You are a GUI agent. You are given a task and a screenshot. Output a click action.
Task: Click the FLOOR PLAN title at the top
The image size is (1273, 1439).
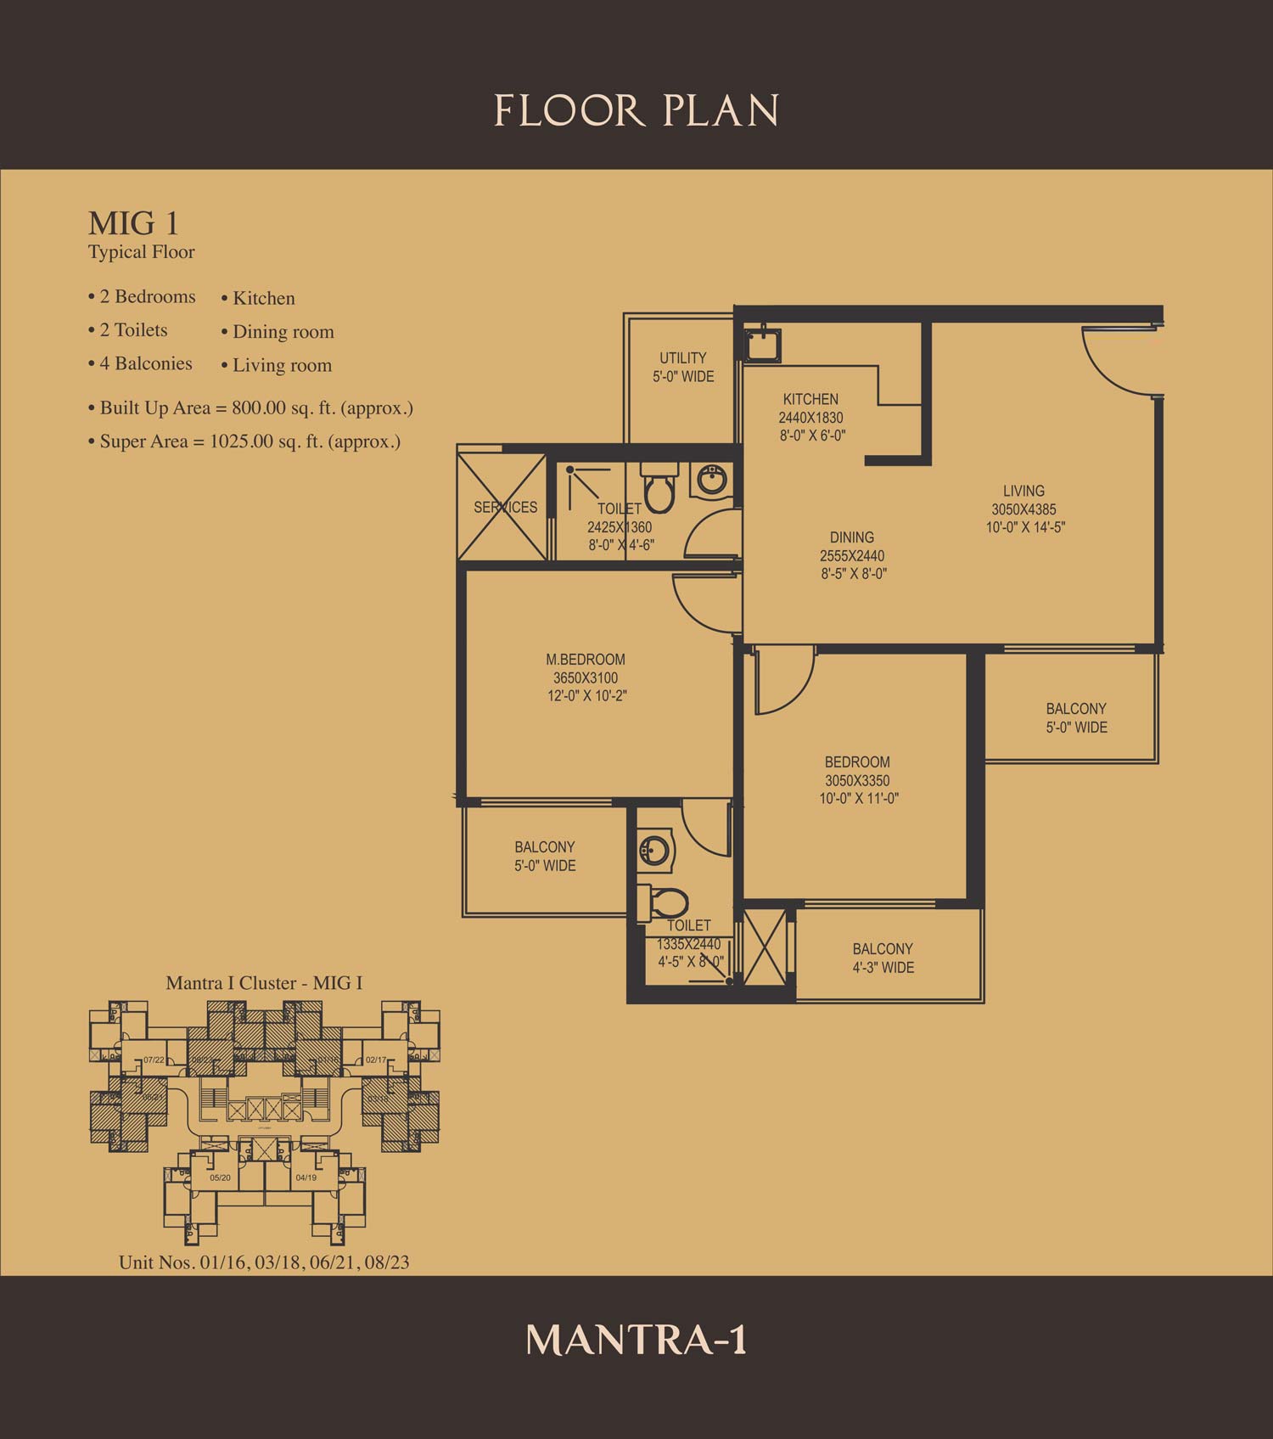coord(636,111)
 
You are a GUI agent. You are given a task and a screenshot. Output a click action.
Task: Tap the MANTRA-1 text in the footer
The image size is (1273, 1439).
coord(636,1339)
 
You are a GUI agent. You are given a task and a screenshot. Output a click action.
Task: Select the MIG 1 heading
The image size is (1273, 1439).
coord(133,223)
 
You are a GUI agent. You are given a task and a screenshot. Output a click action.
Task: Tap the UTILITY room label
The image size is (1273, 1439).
coord(683,357)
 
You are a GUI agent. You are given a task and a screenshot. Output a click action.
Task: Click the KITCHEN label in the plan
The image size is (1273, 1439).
coord(810,399)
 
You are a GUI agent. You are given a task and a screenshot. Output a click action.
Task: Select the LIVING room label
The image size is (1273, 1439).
coord(1023,491)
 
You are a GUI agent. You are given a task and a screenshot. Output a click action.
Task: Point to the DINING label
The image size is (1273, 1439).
coord(852,537)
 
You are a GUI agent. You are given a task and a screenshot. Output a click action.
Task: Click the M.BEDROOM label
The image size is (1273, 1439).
coord(586,660)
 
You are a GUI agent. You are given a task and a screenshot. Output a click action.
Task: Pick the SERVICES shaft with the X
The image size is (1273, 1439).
coord(502,507)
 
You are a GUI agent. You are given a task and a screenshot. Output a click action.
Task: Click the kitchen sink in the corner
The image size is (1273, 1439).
coord(763,345)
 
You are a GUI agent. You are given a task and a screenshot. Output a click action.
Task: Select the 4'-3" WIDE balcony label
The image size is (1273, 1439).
coord(883,968)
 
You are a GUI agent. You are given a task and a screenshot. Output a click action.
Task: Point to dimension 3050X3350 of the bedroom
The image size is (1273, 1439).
coord(857,781)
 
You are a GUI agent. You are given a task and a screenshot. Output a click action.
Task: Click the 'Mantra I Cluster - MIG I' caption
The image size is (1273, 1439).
coord(264,983)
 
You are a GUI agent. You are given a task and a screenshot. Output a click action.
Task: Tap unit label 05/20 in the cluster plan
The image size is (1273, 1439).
coord(220,1178)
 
